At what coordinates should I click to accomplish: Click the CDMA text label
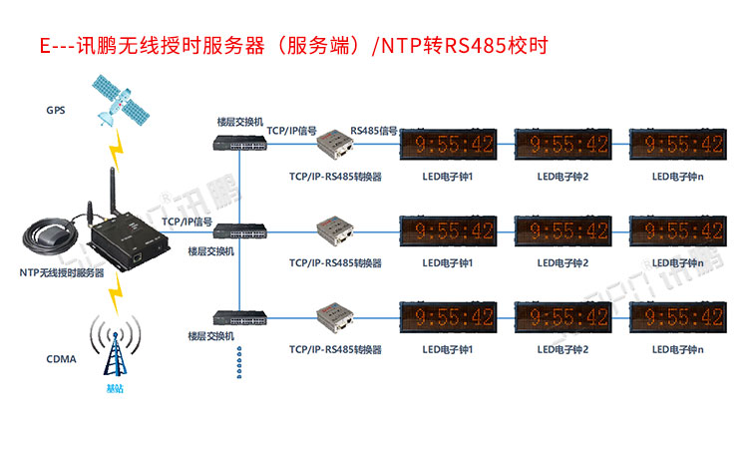[60, 359]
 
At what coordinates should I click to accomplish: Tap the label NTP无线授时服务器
[62, 272]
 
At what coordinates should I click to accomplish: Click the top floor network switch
[240, 144]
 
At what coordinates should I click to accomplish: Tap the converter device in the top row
[336, 146]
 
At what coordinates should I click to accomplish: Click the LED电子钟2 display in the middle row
[561, 231]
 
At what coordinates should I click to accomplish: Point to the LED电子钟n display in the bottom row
[676, 317]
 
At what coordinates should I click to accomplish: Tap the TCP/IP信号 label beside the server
[187, 222]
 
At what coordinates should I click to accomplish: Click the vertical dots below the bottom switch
[240, 362]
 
